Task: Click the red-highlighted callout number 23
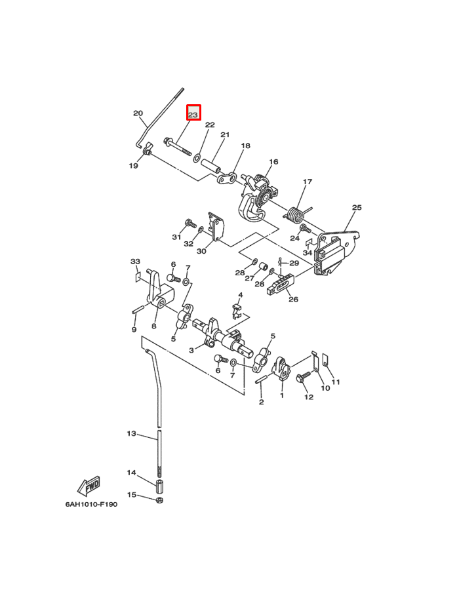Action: [193, 114]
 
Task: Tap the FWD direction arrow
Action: [89, 486]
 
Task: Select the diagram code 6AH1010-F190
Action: [91, 504]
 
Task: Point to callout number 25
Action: [356, 207]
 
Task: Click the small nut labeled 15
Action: [159, 500]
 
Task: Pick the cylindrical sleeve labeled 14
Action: [159, 486]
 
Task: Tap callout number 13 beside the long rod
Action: [131, 433]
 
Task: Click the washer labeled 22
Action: [197, 159]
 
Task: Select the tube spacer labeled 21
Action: [210, 166]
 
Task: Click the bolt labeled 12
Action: [303, 377]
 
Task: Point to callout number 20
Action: [138, 113]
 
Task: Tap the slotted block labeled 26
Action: [280, 285]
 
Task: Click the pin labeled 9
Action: [139, 309]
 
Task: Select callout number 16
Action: [273, 162]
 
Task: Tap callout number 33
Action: [135, 261]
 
